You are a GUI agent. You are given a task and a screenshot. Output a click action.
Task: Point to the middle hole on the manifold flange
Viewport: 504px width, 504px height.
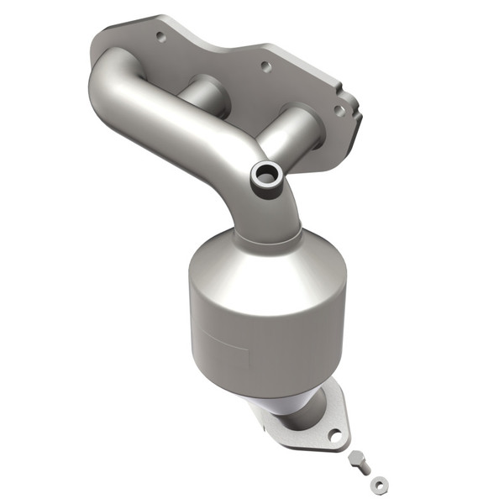pyautogui.click(x=265, y=66)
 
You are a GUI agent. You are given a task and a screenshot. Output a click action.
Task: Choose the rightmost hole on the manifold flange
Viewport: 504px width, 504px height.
pyautogui.click(x=338, y=109)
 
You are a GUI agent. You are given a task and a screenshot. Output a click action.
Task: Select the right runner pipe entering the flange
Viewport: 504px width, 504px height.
pyautogui.click(x=294, y=130)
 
